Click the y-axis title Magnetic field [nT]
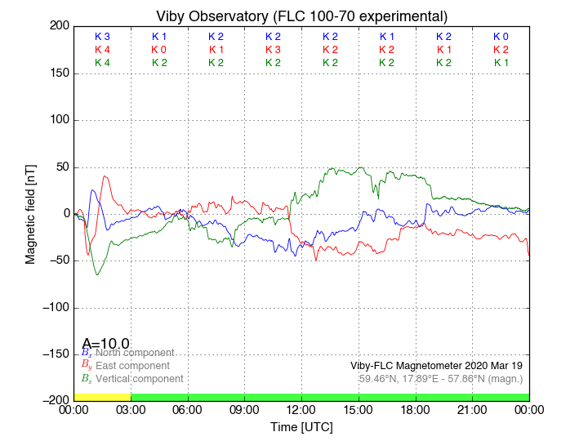tap(31, 212)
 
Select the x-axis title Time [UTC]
tap(301, 427)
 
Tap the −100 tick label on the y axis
tap(54, 308)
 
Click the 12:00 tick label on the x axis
tap(301, 411)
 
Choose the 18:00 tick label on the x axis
tap(415, 411)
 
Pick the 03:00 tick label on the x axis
tap(131, 411)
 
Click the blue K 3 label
tap(102, 37)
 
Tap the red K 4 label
tap(102, 50)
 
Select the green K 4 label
tap(102, 63)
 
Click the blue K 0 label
tap(501, 37)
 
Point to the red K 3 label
tap(273, 50)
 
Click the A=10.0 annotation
tap(105, 344)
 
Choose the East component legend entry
tap(129, 366)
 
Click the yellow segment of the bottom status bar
tap(102, 397)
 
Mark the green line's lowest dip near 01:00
tap(97, 274)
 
